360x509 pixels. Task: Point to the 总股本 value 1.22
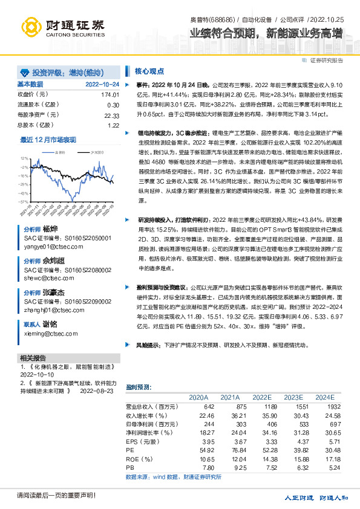pyautogui.click(x=113, y=125)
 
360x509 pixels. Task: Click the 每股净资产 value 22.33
pyautogui.click(x=111, y=115)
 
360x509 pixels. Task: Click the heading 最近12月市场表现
pyautogui.click(x=48, y=140)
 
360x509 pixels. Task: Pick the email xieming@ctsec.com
pyautogui.click(x=51, y=333)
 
